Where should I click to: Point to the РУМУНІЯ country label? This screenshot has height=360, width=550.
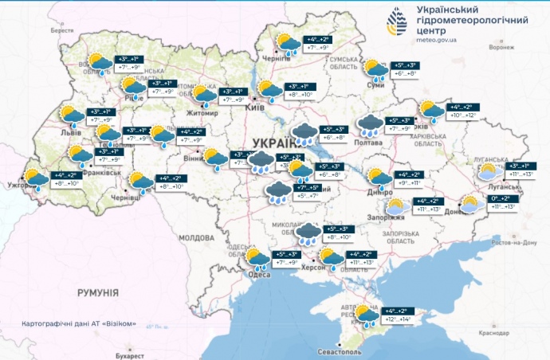click(x=98, y=294)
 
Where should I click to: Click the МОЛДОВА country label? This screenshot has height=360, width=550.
click(x=194, y=237)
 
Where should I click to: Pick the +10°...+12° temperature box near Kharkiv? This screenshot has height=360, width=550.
click(x=463, y=115)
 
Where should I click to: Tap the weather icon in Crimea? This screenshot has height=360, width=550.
click(x=367, y=315)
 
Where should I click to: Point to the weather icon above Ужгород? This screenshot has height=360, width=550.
click(x=36, y=178)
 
